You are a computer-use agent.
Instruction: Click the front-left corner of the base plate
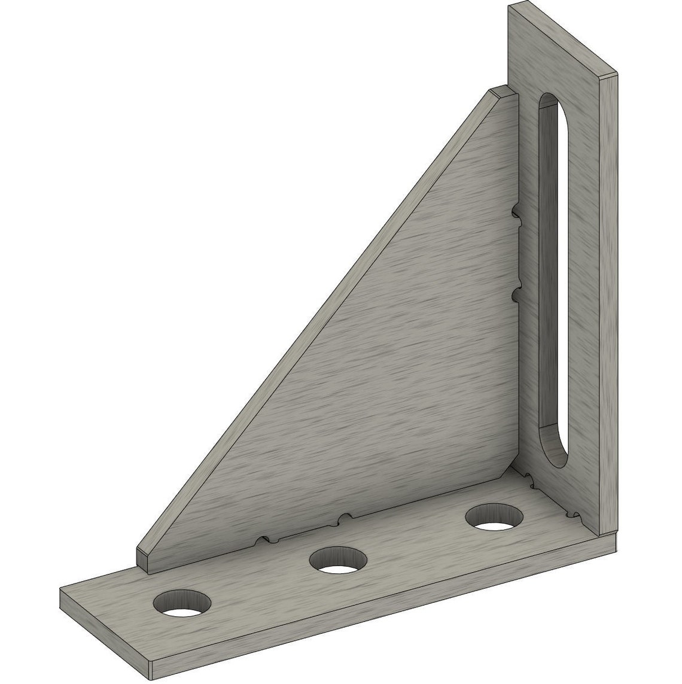pos(62,589)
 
